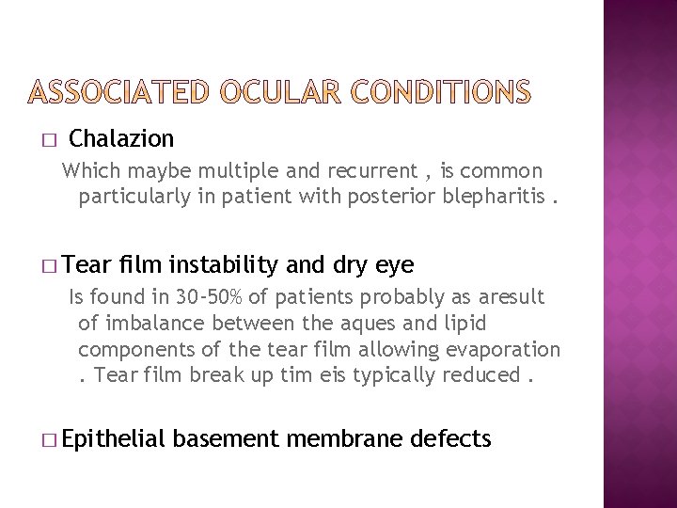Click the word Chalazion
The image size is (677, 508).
[x=122, y=139]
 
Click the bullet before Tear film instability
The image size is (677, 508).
[x=49, y=264]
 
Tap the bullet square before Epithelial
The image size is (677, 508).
[x=49, y=439]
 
